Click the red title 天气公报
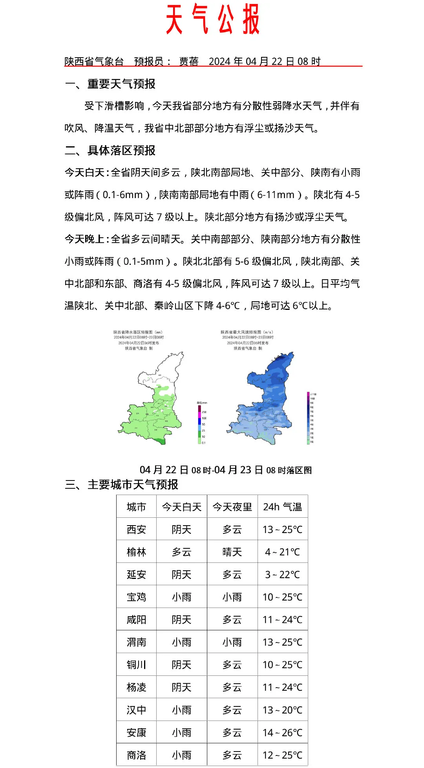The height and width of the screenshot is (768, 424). pyautogui.click(x=212, y=20)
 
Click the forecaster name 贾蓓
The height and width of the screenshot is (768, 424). pyautogui.click(x=189, y=62)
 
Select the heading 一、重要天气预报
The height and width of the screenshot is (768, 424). pyautogui.click(x=110, y=84)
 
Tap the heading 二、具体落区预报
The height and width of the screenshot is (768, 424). pyautogui.click(x=110, y=151)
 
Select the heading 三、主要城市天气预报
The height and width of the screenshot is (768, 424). pyautogui.click(x=122, y=485)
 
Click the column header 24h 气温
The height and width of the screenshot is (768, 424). pyautogui.click(x=283, y=507)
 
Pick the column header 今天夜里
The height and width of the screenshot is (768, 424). pyautogui.click(x=232, y=507)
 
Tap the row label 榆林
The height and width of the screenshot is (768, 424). pyautogui.click(x=136, y=552)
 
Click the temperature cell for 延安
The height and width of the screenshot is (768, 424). pyautogui.click(x=283, y=575)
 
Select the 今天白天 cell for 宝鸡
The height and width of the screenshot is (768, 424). pyautogui.click(x=181, y=597)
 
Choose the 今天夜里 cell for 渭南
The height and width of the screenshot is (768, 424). pyautogui.click(x=232, y=642)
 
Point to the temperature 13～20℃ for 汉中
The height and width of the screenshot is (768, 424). pyautogui.click(x=283, y=710)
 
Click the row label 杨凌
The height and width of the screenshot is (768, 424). pyautogui.click(x=136, y=688)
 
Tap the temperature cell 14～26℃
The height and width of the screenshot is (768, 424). pyautogui.click(x=283, y=733)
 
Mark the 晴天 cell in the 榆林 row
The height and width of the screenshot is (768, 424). pyautogui.click(x=232, y=552)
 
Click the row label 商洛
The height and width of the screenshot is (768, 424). pyautogui.click(x=136, y=755)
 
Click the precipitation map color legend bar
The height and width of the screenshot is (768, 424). pyautogui.click(x=199, y=424)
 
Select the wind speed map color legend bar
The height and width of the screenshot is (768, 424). pyautogui.click(x=308, y=418)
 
